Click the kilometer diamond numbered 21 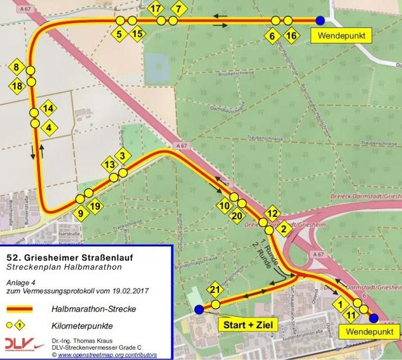click(x=214, y=290)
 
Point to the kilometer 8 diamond click(x=17, y=68)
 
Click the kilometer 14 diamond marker click(x=48, y=108)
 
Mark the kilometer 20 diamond click(x=236, y=216)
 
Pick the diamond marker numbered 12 click(x=273, y=213)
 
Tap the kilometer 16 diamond click(x=291, y=36)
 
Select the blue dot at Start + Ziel click(x=199, y=310)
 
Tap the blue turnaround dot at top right click(x=321, y=21)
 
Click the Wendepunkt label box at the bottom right click(x=360, y=330)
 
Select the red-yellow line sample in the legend click(x=19, y=309)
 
